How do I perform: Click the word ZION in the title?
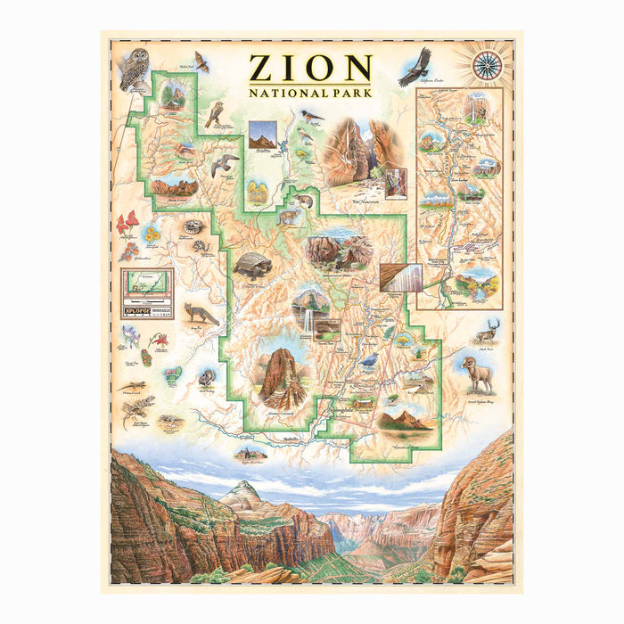pos(310,69)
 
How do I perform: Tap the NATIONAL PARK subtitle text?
pos(310,91)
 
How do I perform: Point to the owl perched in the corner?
pos(135,68)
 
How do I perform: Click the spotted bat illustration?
pos(201,62)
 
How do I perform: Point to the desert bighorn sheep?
pos(480,374)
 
